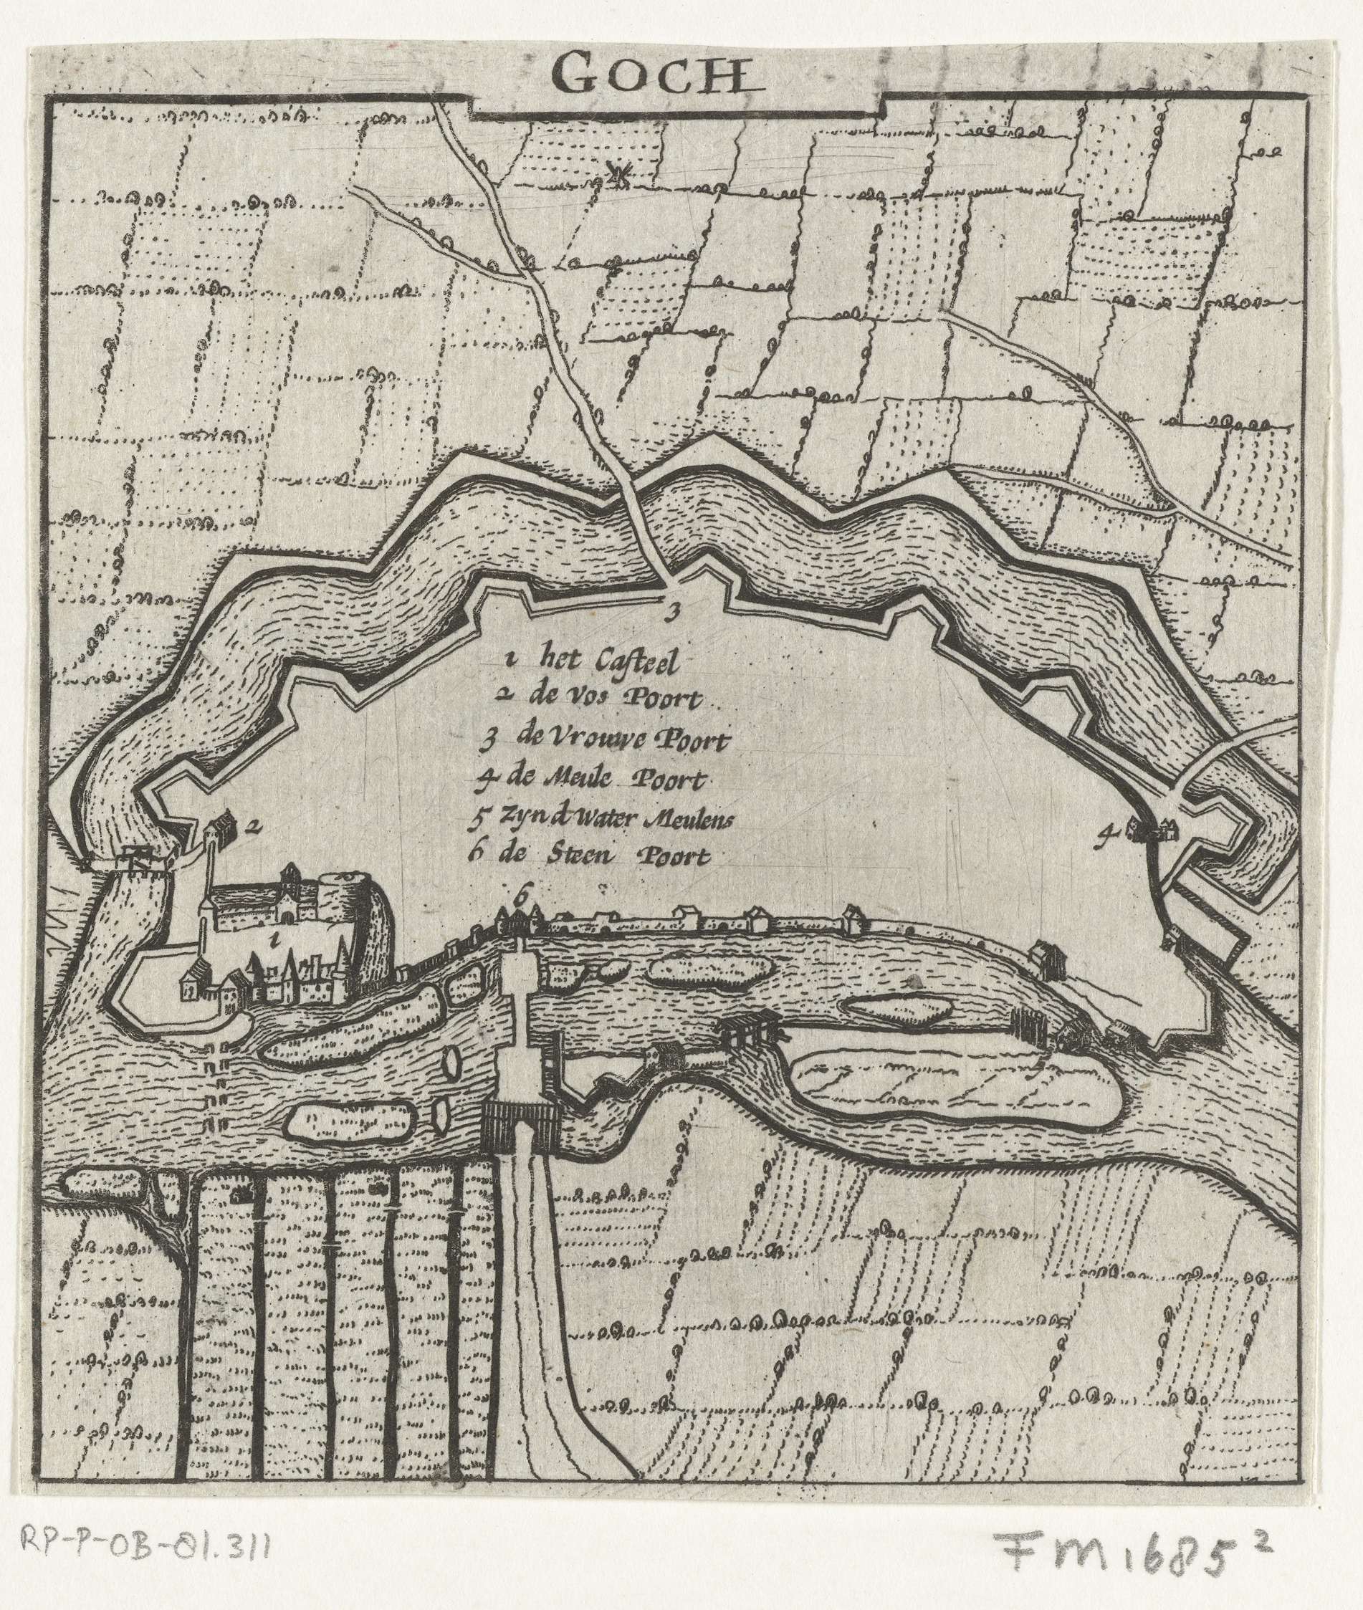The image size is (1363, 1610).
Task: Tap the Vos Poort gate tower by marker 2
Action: coord(219,830)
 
